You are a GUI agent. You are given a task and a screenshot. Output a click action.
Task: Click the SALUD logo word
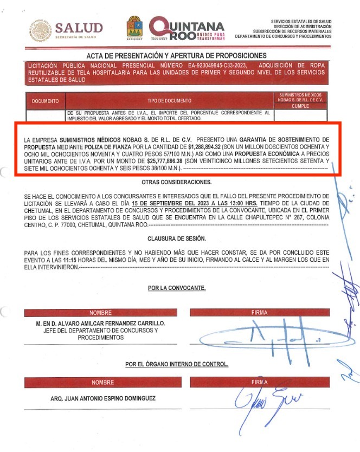[79, 28]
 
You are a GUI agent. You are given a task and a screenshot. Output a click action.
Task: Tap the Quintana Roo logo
[186, 28]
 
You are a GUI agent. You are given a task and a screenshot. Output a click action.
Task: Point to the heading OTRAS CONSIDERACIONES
[177, 182]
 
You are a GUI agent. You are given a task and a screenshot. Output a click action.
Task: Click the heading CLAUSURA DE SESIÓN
[177, 238]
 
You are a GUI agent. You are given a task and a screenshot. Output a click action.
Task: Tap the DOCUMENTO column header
[45, 101]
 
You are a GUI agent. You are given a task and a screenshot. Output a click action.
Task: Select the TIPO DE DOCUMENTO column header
[169, 101]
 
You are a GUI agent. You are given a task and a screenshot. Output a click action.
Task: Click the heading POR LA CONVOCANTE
[177, 288]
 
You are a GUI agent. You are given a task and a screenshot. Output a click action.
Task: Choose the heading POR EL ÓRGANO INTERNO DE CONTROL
[177, 364]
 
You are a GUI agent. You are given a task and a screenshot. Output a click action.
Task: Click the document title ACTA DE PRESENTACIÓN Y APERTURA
[177, 56]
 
